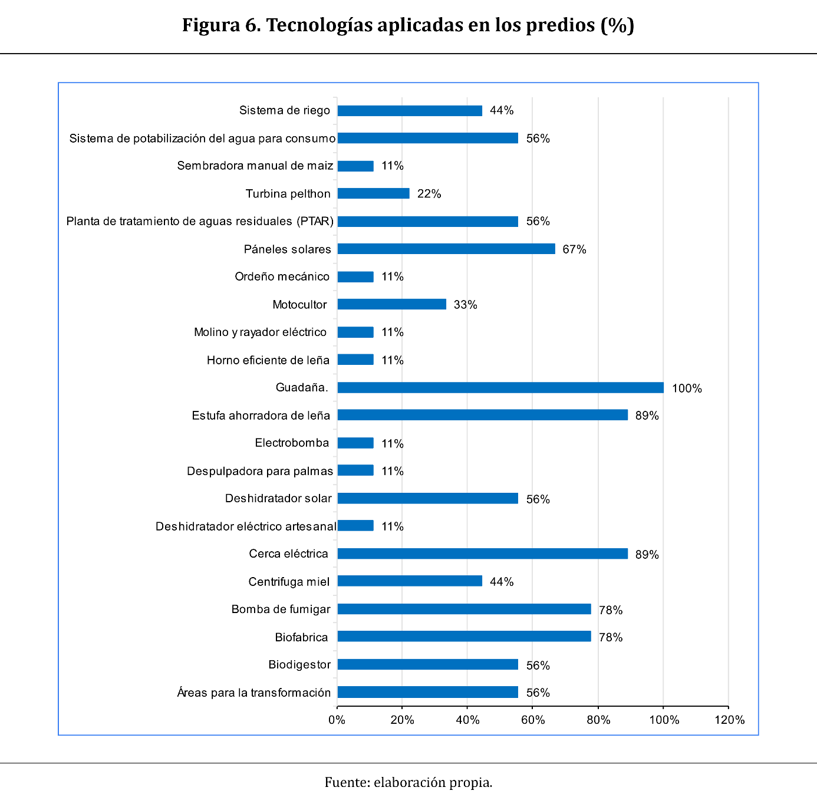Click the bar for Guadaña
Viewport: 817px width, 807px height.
click(x=500, y=387)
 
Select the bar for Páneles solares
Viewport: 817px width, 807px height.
click(x=446, y=249)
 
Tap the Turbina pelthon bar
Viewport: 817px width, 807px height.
click(x=373, y=193)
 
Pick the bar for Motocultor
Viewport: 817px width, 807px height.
click(x=391, y=304)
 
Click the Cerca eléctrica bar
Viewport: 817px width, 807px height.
click(x=482, y=554)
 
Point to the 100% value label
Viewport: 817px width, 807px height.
click(x=687, y=388)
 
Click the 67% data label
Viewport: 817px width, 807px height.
click(x=574, y=249)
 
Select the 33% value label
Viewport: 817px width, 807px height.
click(x=465, y=305)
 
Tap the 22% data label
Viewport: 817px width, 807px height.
click(x=429, y=194)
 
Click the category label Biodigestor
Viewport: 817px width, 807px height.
click(x=299, y=664)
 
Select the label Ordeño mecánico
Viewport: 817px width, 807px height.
click(x=282, y=276)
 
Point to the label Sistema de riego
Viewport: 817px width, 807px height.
click(x=285, y=110)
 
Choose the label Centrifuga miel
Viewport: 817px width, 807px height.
click(x=289, y=582)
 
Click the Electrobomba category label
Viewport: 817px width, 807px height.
click(x=292, y=443)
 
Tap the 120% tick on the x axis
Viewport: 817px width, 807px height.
click(x=729, y=720)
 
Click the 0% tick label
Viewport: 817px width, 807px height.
click(x=337, y=720)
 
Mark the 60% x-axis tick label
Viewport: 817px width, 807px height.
click(x=533, y=720)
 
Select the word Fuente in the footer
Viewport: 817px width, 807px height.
click(x=346, y=782)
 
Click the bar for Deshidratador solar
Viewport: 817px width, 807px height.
click(x=427, y=498)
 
